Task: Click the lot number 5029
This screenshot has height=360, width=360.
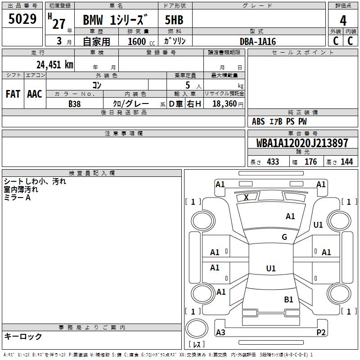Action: pos(22,19)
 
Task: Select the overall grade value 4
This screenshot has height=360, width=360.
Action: pos(343,21)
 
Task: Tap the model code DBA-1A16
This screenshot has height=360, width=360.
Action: pos(258,41)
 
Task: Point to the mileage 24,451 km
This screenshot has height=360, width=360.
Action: pos(55,65)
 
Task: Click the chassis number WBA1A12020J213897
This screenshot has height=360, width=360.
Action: pos(302,143)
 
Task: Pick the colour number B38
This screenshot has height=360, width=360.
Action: pos(75,104)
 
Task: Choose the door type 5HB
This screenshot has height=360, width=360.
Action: pos(174,20)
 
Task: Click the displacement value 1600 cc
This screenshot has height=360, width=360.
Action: pos(141,42)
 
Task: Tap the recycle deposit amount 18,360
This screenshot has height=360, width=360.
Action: pos(225,104)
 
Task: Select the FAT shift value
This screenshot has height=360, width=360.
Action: pos(13,94)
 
